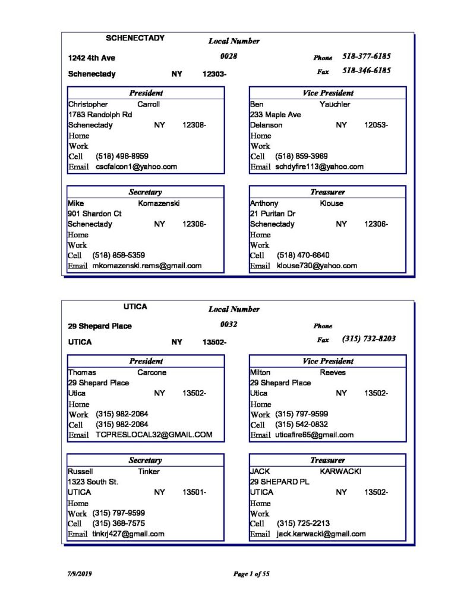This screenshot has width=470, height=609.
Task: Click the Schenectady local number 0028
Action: point(229,56)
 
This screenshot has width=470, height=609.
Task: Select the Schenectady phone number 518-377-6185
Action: point(366,57)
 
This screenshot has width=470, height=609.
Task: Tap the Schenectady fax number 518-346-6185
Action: point(366,70)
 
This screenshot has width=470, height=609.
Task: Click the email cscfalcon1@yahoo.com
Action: point(136,167)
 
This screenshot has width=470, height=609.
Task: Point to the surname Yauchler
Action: point(335,104)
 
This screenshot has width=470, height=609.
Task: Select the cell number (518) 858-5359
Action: point(119,255)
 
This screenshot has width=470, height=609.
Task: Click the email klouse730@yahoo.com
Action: point(317,266)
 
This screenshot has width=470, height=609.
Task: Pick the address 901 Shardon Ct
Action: point(94,214)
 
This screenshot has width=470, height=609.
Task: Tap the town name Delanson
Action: point(266,125)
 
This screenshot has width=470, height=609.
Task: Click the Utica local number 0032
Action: point(229,324)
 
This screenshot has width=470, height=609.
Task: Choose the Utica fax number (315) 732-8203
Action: point(369,338)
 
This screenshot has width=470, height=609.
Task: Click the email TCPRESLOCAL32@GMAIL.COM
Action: point(154,435)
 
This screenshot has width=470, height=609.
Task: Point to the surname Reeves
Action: point(333,372)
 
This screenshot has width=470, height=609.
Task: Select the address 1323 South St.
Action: point(93,482)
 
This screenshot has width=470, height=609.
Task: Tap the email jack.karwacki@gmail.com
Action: point(321,534)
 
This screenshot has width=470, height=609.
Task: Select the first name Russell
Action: point(80,471)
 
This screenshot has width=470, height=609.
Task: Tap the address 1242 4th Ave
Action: point(92,58)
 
